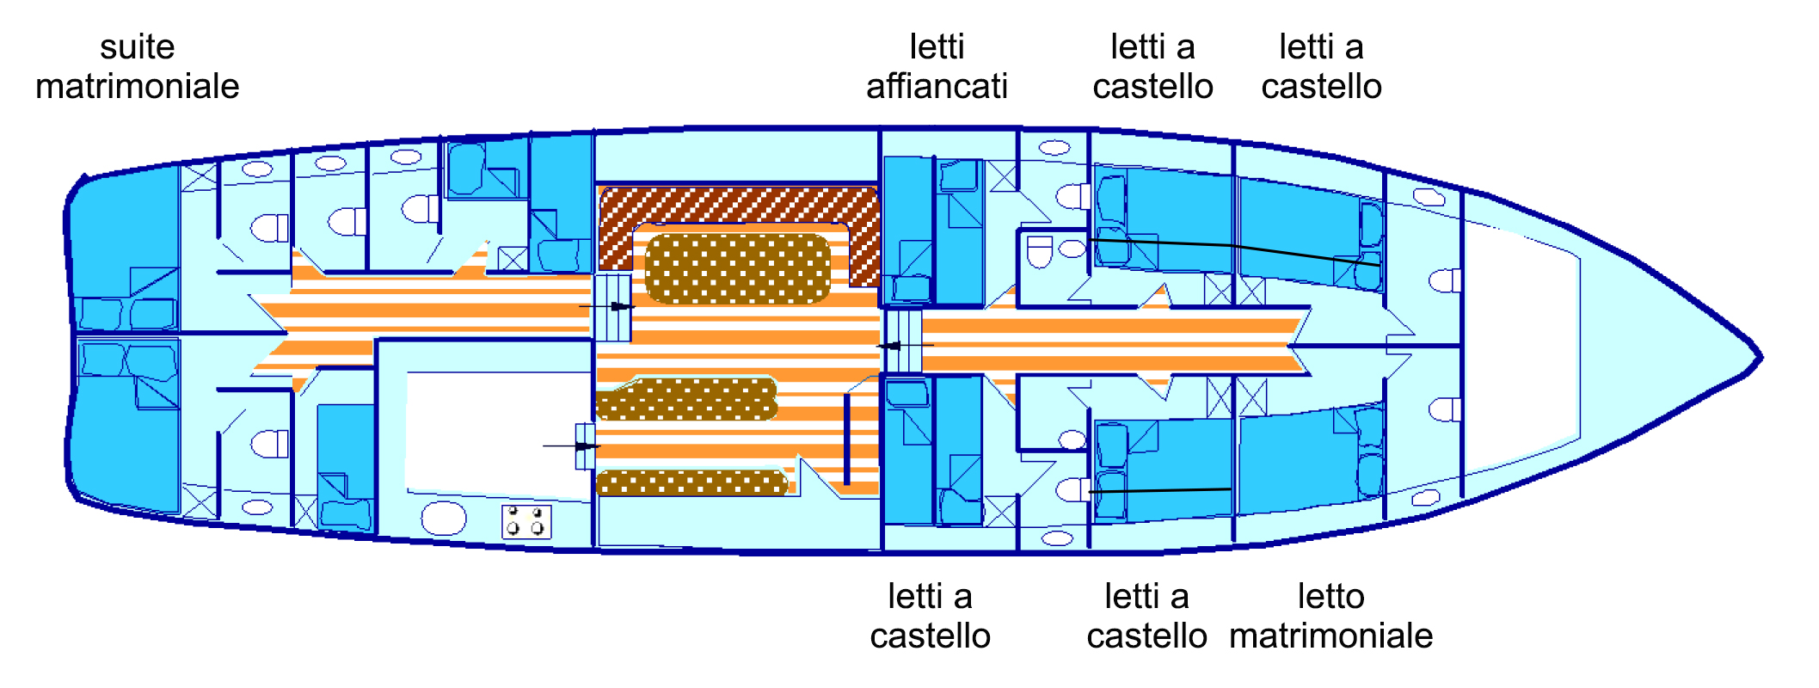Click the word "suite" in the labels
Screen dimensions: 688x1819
[137, 47]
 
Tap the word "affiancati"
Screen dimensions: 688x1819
[937, 87]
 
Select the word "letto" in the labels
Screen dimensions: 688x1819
[1330, 597]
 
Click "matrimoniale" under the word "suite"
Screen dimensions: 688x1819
[137, 87]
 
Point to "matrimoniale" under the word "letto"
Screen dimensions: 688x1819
[1330, 636]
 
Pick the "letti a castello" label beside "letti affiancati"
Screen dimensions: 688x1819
[1152, 67]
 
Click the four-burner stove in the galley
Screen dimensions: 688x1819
[525, 521]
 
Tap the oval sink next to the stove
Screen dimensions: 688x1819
[444, 519]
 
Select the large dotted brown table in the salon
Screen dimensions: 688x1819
[737, 268]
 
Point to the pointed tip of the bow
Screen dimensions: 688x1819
[1759, 356]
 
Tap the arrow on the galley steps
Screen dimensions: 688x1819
[585, 446]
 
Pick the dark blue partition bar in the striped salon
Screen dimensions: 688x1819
[847, 439]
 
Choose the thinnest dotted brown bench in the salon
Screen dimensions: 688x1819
[691, 483]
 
